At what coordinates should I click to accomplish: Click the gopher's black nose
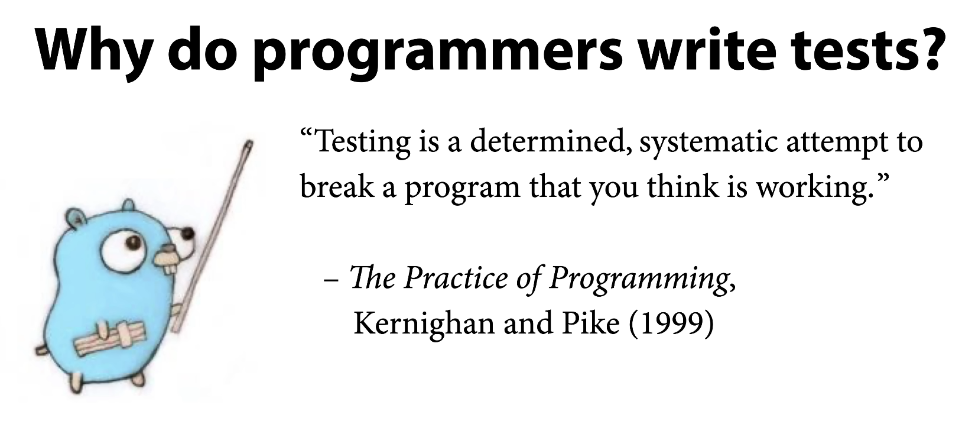[x=187, y=234]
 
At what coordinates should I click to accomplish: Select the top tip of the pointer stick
[x=249, y=142]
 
